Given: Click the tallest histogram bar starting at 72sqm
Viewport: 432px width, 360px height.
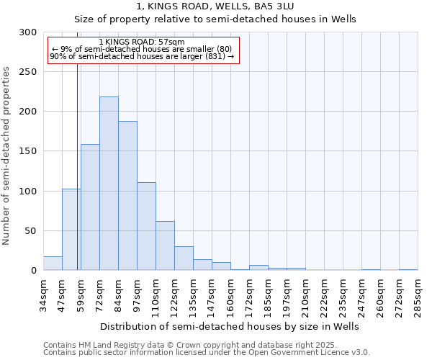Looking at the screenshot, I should pos(109,184).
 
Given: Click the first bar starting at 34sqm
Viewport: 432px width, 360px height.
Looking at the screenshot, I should pos(53,264).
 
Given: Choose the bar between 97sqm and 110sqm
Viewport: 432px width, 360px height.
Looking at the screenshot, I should pos(146,226).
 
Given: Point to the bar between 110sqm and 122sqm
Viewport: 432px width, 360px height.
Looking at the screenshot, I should pos(165,246).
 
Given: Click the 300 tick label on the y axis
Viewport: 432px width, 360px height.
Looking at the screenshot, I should pos(29,32).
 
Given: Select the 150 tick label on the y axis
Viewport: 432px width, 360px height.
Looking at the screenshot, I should pos(29,151).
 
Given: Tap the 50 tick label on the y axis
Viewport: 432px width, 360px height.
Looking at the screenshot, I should pos(32,231).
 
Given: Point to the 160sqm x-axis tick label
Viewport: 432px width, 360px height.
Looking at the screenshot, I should pos(230,297).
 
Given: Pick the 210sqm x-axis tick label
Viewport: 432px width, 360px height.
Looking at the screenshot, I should pos(305,297).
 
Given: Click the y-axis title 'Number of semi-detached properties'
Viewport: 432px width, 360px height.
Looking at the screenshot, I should pos(7,156).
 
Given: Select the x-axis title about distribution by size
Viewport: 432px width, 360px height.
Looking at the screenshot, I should pos(229,326).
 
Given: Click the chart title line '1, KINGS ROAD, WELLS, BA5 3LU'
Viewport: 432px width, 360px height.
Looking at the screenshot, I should pos(215,6).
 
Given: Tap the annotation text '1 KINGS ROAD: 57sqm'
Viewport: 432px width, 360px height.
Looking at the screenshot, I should pos(142,42).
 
